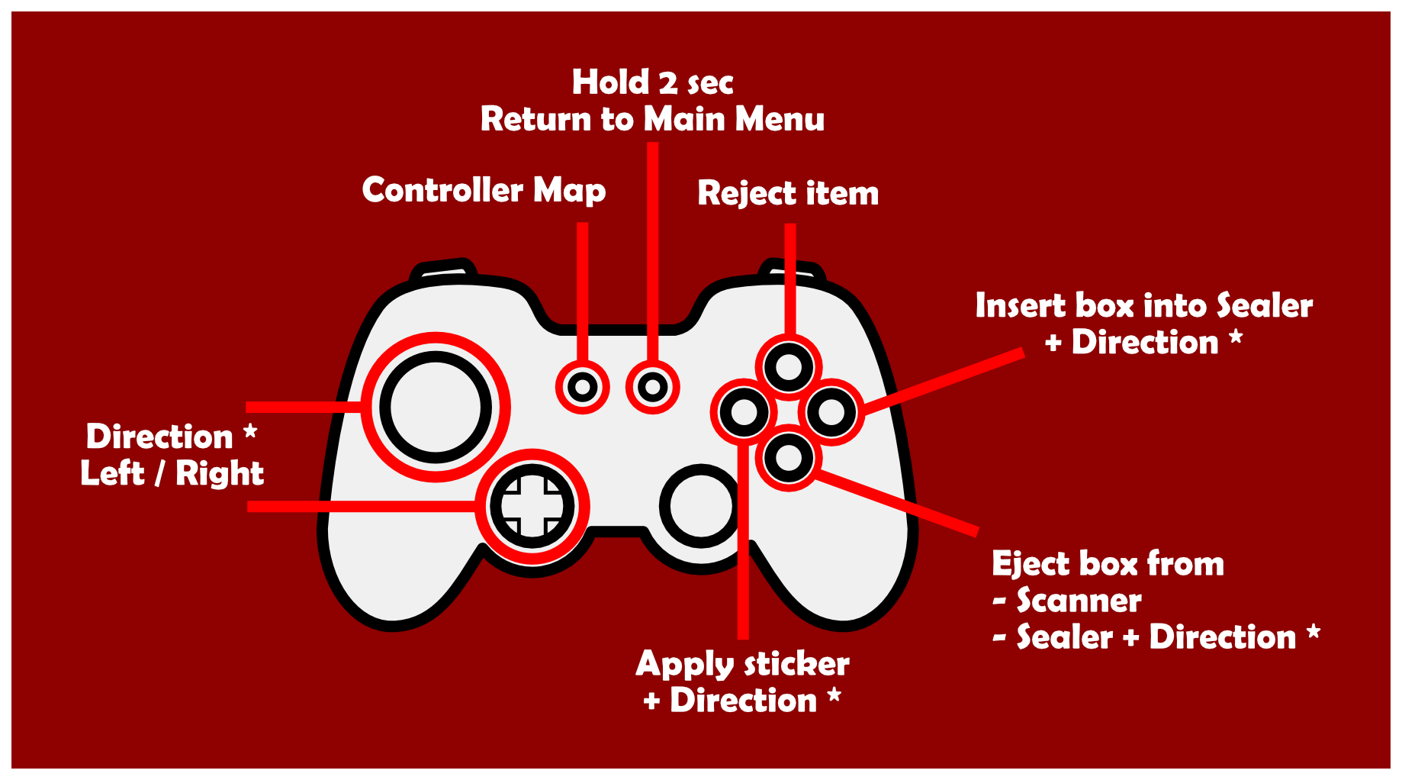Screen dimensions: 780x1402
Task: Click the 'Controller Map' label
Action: point(484,191)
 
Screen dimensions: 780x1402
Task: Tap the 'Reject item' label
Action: point(788,193)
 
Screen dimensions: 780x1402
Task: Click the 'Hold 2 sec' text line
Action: point(653,82)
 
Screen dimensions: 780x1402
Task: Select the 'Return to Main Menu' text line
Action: point(653,120)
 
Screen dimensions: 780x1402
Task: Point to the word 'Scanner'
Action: point(1079,601)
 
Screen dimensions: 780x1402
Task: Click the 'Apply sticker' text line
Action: point(742,664)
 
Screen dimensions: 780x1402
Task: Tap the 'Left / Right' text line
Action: point(172,473)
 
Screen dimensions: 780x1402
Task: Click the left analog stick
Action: point(436,407)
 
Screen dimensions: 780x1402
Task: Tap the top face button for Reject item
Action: point(789,367)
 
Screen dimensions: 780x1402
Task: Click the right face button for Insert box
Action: point(831,412)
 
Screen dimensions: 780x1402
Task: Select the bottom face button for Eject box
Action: point(789,458)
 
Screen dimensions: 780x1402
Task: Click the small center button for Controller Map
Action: point(583,387)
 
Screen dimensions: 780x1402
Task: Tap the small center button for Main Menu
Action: point(653,387)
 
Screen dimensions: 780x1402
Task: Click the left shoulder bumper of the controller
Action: point(442,269)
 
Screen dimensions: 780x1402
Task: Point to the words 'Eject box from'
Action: point(1108,564)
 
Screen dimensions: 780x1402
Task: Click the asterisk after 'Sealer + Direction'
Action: point(1314,631)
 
